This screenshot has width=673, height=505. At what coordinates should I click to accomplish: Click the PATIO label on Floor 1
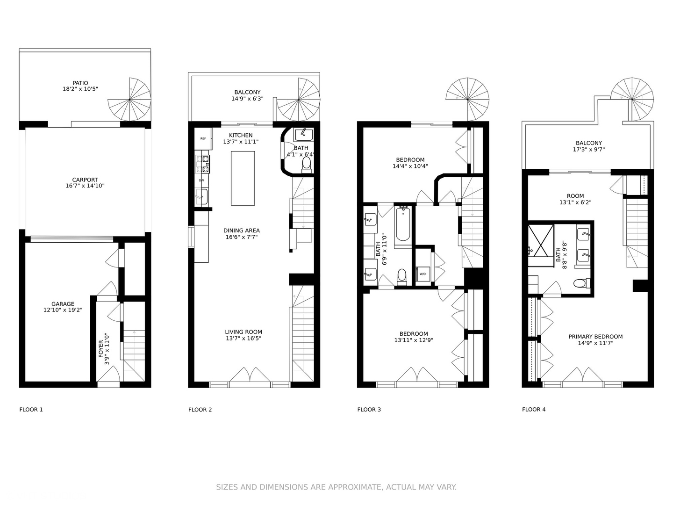[80, 83]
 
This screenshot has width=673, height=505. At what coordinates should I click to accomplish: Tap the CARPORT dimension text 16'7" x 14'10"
[85, 186]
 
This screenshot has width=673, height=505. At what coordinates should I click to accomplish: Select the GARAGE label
[63, 304]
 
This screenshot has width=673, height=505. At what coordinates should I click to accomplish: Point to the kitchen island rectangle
[243, 178]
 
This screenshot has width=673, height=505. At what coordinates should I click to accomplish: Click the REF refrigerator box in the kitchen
[203, 138]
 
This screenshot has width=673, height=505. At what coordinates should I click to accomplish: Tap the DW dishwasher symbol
[201, 180]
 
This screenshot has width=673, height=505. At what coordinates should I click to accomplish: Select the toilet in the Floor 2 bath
[307, 164]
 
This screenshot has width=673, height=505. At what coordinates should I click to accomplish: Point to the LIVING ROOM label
[243, 332]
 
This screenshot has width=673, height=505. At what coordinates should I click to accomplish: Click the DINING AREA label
[241, 231]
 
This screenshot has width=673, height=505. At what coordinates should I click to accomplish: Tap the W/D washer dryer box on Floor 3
[422, 274]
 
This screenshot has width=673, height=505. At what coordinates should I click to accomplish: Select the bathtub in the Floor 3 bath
[402, 228]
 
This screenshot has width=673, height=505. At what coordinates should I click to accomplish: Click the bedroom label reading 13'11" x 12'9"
[414, 340]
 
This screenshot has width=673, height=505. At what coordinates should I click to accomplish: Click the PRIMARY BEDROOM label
[595, 337]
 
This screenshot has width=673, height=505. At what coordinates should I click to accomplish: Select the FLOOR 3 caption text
[369, 410]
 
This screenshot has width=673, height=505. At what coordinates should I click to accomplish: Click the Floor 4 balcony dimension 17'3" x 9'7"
[589, 150]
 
